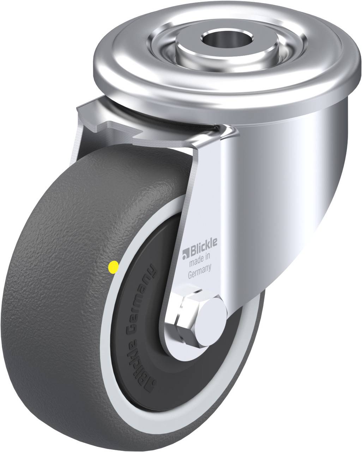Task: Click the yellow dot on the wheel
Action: pyautogui.click(x=113, y=267)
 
